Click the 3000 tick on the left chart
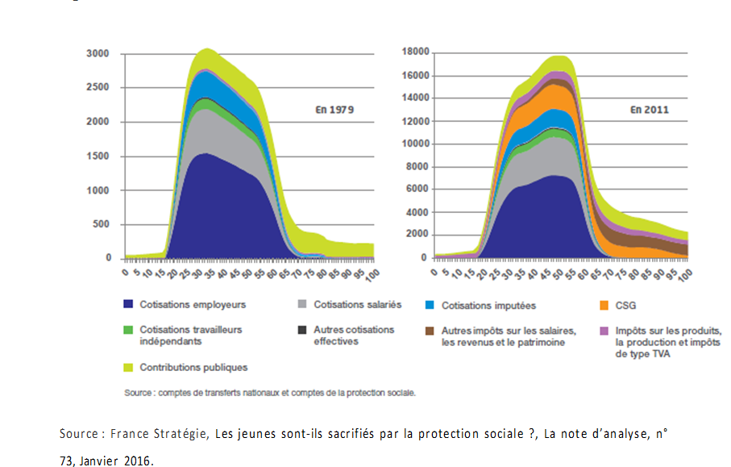pyautogui.click(x=98, y=54)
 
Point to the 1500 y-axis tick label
pyautogui.click(x=98, y=156)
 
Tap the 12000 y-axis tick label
pyautogui.click(x=413, y=121)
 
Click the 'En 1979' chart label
pyautogui.click(x=334, y=109)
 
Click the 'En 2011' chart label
pyautogui.click(x=648, y=109)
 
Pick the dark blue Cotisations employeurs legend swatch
pyautogui.click(x=129, y=304)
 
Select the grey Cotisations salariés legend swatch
pyautogui.click(x=303, y=304)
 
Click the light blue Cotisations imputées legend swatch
pyautogui.click(x=431, y=304)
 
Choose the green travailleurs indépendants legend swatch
pyautogui.click(x=129, y=330)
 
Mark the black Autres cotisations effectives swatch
pyautogui.click(x=303, y=330)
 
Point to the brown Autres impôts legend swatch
pyautogui.click(x=431, y=331)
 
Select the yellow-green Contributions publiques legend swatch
pyautogui.click(x=129, y=367)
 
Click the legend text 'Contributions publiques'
pyautogui.click(x=193, y=367)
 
